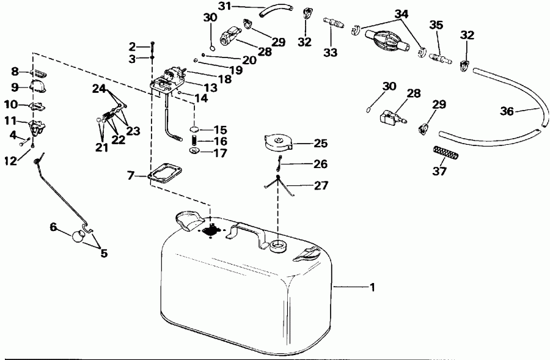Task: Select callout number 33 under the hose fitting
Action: coord(331,53)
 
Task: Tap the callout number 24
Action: coord(100,87)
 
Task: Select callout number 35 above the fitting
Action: coord(436,25)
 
